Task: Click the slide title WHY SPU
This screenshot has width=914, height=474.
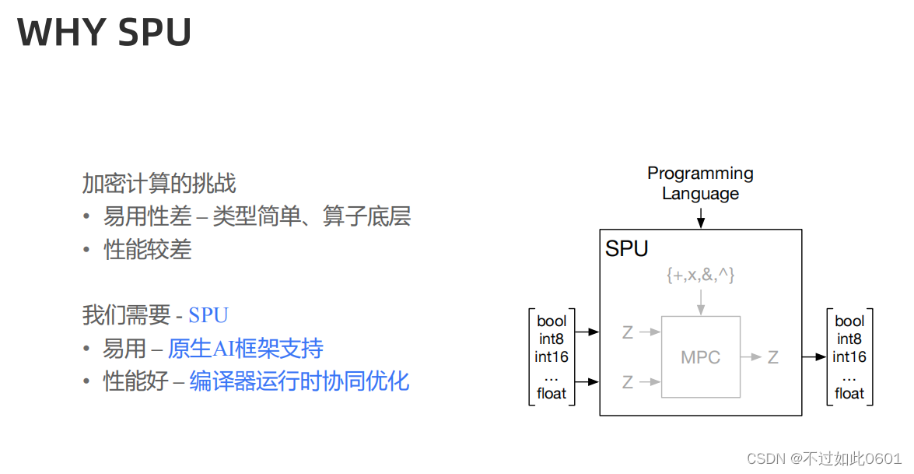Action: tap(104, 33)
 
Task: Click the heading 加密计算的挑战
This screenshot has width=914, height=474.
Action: tap(159, 183)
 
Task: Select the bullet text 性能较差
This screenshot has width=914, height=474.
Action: tap(148, 250)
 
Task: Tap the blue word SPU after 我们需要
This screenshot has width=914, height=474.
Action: tap(208, 315)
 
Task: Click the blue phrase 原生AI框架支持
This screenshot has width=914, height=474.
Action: tap(245, 349)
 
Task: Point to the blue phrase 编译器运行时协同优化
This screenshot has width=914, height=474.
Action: tap(299, 381)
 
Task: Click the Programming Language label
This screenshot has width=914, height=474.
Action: tap(700, 183)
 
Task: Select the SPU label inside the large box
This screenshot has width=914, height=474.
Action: tap(627, 249)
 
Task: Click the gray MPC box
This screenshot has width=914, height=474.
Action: tap(700, 357)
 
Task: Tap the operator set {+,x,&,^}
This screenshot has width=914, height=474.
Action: tap(700, 275)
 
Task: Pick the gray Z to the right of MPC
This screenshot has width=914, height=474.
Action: tap(772, 357)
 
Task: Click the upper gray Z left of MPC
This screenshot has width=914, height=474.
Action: tap(628, 333)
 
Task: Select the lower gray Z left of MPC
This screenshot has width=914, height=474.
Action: tap(628, 382)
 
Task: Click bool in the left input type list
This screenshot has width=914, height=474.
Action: tap(552, 321)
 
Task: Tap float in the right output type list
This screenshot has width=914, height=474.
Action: tap(849, 393)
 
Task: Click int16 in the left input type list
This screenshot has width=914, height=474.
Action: tap(552, 357)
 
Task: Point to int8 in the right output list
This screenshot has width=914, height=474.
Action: tap(849, 339)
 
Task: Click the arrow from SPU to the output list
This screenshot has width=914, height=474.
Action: tap(814, 357)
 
